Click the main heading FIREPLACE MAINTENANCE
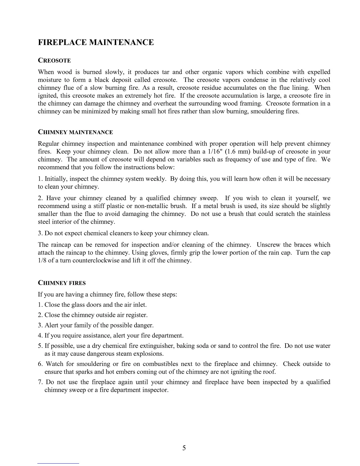click(x=96, y=42)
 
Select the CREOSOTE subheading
click(x=54, y=61)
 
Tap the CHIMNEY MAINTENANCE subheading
click(x=75, y=132)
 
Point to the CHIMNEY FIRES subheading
click(x=62, y=283)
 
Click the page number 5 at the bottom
click(x=184, y=448)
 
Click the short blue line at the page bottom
click(x=58, y=463)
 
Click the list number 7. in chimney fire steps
click(x=41, y=382)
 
